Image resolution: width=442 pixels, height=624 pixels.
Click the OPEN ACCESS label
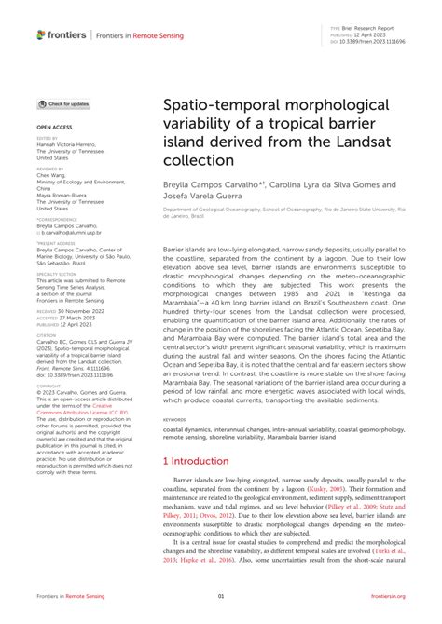pos(54,124)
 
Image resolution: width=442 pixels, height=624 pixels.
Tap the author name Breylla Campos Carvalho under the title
pos(212,185)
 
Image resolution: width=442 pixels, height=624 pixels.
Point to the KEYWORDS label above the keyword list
pos(174,420)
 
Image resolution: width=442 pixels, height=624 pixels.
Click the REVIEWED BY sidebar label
pos(52,170)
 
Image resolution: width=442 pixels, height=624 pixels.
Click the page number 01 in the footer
pos(221,596)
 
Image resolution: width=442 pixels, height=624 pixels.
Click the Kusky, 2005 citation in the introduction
pos(335,487)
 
